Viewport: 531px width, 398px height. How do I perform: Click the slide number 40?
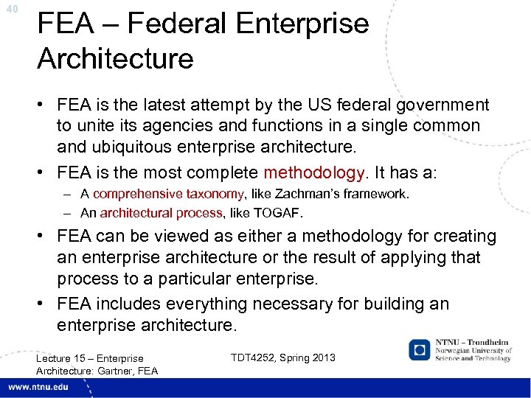click(10, 10)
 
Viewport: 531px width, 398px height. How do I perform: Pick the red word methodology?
click(314, 173)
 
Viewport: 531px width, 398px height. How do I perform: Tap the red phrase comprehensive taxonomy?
click(168, 195)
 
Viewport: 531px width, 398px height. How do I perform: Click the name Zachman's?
click(306, 195)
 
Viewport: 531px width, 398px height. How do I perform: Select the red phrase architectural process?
click(161, 213)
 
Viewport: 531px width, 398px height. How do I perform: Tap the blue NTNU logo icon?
click(420, 349)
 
